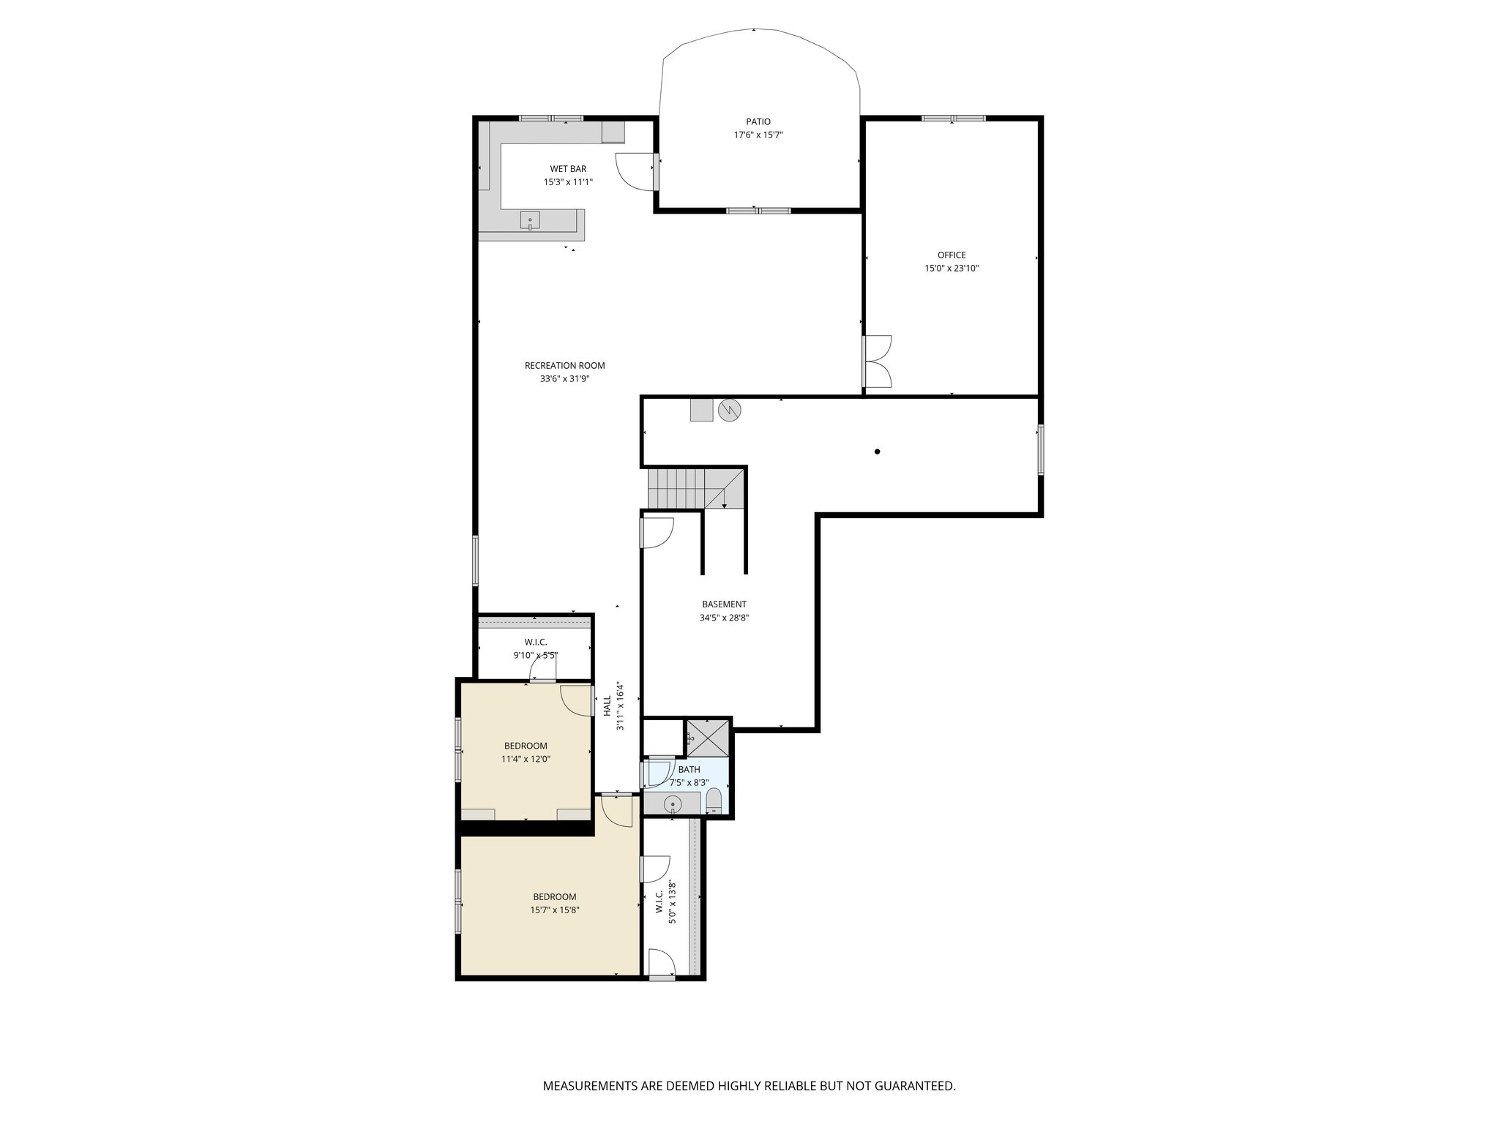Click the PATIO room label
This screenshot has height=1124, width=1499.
pos(758,122)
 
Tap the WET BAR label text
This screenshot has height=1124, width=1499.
pos(568,169)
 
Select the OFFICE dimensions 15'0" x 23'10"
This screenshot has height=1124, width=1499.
pos(951,269)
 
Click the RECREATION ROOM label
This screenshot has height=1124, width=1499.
pos(564,366)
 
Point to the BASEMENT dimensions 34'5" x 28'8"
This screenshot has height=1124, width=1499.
pos(724,618)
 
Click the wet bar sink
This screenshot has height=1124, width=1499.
pos(530,220)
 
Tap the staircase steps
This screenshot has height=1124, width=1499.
pos(677,488)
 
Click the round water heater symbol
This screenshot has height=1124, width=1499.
pos(730,411)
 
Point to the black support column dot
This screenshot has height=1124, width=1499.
pos(877,452)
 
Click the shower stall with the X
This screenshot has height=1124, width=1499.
pos(709,737)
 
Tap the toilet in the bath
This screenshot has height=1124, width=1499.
pos(714,802)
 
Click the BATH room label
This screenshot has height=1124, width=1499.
pos(689,769)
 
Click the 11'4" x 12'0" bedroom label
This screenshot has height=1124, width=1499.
pos(526,752)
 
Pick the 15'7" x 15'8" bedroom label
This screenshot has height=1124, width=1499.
pos(554,903)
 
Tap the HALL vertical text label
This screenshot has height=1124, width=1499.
pos(607,706)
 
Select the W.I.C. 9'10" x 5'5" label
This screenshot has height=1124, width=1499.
pos(535,648)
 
